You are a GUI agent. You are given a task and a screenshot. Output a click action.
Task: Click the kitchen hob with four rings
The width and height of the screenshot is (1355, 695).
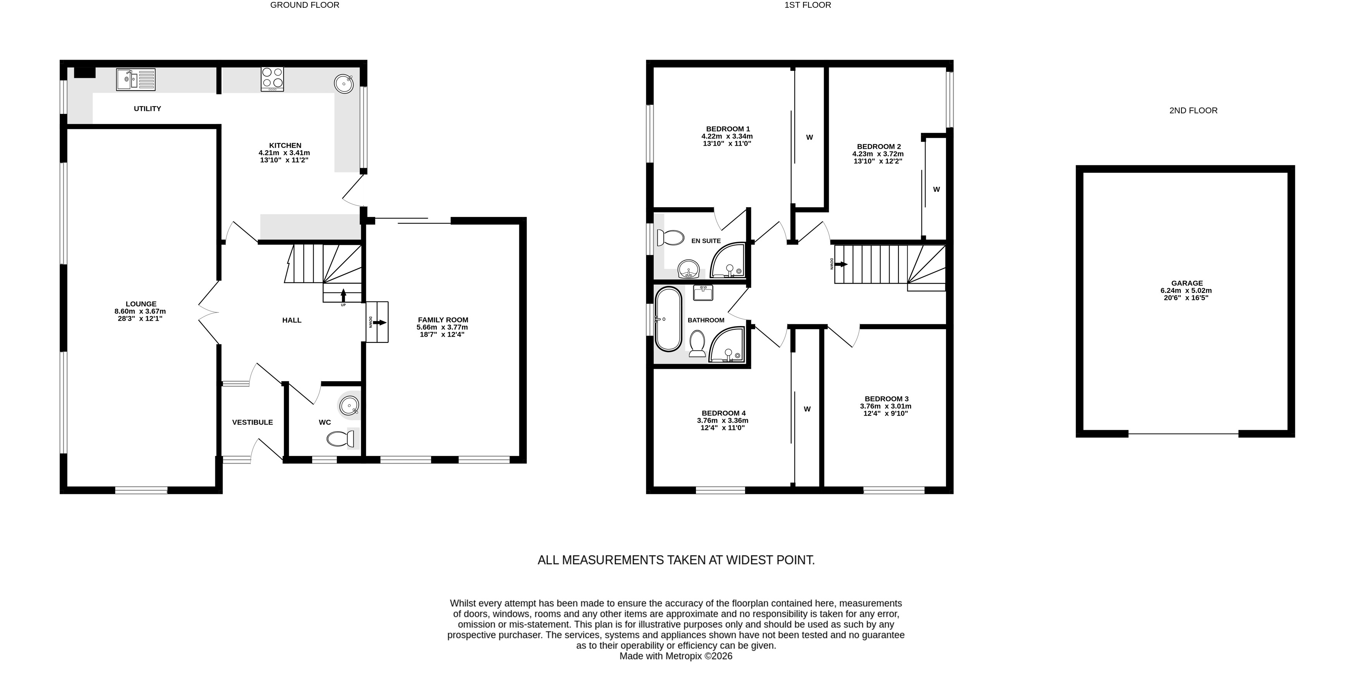pyautogui.click(x=272, y=79)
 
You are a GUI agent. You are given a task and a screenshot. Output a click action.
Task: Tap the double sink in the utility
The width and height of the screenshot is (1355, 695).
pyautogui.click(x=136, y=79)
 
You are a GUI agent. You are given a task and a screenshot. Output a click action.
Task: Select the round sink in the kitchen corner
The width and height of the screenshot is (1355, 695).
pyautogui.click(x=344, y=84)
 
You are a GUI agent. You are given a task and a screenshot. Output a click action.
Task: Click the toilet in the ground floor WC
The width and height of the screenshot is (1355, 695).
pyautogui.click(x=340, y=438)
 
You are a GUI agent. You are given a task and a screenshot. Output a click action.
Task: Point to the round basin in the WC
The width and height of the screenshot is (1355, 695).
pyautogui.click(x=349, y=406)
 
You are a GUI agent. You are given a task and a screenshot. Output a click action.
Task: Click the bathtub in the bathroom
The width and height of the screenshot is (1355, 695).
pyautogui.click(x=668, y=319)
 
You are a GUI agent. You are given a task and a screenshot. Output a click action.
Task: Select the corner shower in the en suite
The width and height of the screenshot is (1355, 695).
pyautogui.click(x=728, y=260)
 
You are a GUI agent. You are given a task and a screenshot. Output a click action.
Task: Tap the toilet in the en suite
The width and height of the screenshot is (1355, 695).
pyautogui.click(x=671, y=237)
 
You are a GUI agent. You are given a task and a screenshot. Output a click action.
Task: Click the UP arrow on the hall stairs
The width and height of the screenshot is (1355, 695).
pyautogui.click(x=343, y=295)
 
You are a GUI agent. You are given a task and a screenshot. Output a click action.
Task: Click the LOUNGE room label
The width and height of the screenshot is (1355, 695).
pyautogui.click(x=141, y=304)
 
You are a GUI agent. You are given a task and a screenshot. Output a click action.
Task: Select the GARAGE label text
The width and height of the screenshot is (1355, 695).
pyautogui.click(x=1187, y=283)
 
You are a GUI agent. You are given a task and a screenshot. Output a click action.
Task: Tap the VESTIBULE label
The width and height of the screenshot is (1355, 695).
pyautogui.click(x=252, y=422)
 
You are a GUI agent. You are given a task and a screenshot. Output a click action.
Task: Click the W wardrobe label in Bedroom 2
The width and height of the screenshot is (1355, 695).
pyautogui.click(x=936, y=189)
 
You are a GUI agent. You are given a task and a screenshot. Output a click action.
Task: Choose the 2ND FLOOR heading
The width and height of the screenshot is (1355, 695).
pyautogui.click(x=1194, y=110)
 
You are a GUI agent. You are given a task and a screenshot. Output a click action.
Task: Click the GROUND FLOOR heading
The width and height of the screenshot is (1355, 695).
pyautogui.click(x=304, y=5)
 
